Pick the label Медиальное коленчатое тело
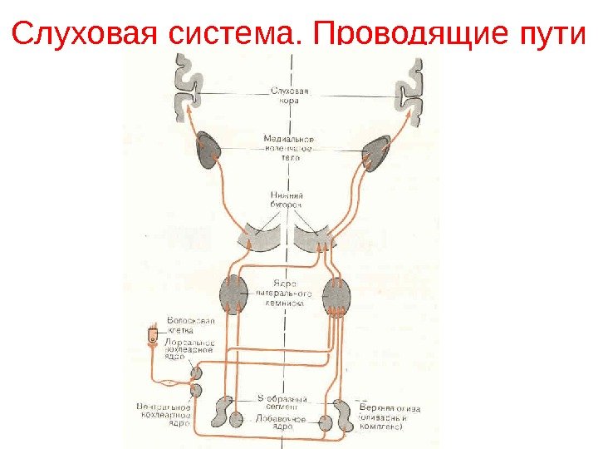click(290, 147)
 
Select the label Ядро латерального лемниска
click(283, 292)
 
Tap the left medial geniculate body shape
click(208, 151)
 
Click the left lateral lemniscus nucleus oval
click(233, 294)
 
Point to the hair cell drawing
click(152, 337)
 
